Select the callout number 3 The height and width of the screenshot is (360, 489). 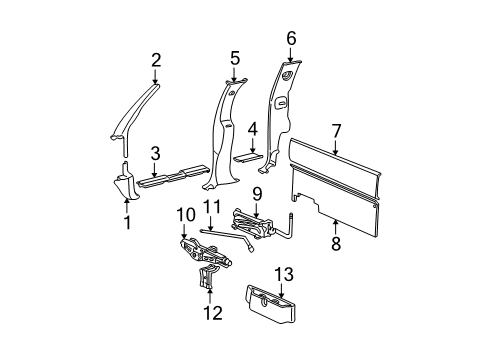pyautogui.click(x=154, y=153)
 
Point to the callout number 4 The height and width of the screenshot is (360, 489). pyautogui.click(x=253, y=128)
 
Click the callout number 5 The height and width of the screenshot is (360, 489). pyautogui.click(x=234, y=58)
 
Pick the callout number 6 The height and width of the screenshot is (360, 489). pyautogui.click(x=291, y=38)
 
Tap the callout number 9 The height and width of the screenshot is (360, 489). pyautogui.click(x=257, y=193)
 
